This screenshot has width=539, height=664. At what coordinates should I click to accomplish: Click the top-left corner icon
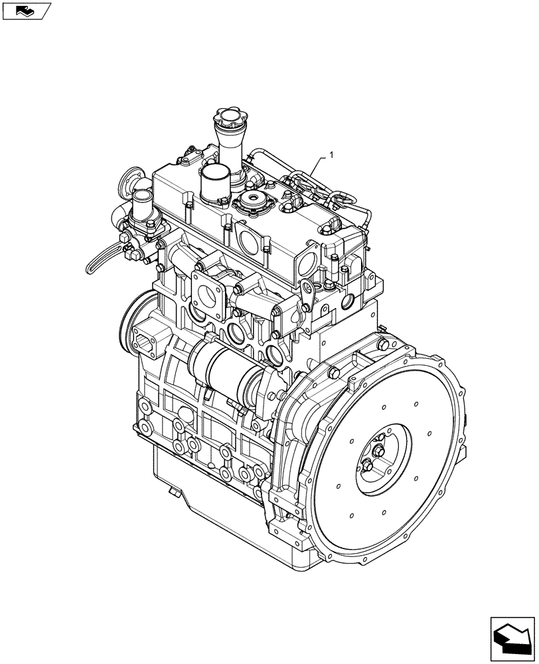tap(27, 10)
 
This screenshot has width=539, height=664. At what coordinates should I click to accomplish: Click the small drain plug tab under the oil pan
tap(174, 493)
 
